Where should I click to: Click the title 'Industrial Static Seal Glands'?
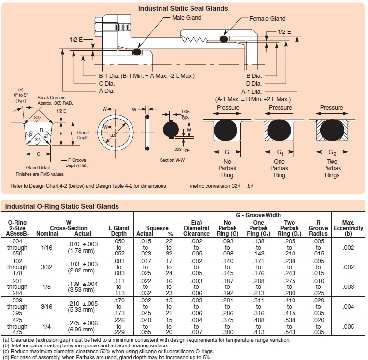click(183, 8)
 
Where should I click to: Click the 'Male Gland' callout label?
click(187, 18)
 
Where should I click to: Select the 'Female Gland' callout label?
click(267, 19)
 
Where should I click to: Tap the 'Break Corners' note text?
click(53, 98)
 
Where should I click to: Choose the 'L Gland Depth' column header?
click(118, 231)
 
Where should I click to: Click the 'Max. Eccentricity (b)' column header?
click(348, 228)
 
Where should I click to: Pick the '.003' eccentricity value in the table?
click(348, 287)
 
